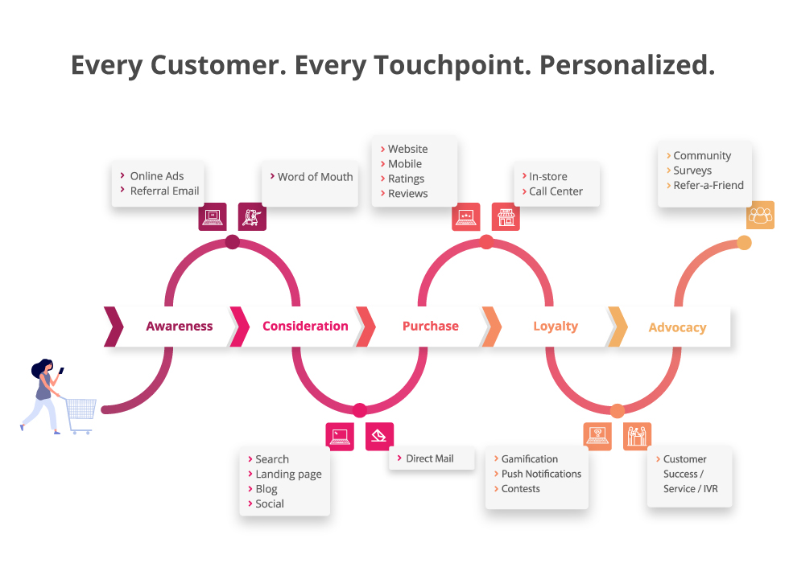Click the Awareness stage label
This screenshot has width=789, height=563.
[x=179, y=327]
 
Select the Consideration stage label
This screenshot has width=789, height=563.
[x=305, y=327]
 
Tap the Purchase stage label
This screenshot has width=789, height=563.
[x=430, y=327]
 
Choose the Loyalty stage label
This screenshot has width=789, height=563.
[x=555, y=327]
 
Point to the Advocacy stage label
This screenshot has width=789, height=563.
[x=677, y=327]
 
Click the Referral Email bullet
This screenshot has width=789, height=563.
[x=164, y=191]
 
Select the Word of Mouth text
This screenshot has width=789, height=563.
[x=315, y=177]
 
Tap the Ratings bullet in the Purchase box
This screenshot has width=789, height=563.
[x=406, y=179]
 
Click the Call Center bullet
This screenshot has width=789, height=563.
[x=556, y=191]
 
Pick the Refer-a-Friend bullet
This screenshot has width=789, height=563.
[x=708, y=185]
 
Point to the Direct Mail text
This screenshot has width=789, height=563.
[x=429, y=458]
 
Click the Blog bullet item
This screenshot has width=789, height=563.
[x=266, y=489]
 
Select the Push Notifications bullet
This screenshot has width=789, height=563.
[x=541, y=474]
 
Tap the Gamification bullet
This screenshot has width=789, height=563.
[x=529, y=459]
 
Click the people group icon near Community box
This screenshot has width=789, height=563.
[x=760, y=215]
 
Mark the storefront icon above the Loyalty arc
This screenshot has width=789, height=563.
[x=506, y=216]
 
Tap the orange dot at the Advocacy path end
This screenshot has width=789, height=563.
[x=744, y=243]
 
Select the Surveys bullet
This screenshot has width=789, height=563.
[x=692, y=171]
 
